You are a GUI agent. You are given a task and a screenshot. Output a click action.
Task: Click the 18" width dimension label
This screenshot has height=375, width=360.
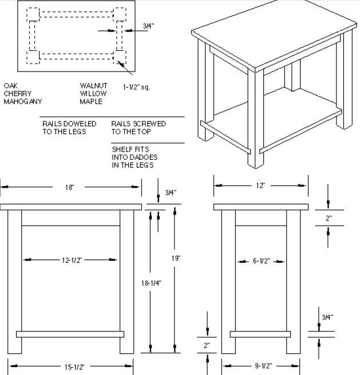70,187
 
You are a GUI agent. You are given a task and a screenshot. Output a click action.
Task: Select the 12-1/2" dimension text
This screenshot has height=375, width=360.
72,260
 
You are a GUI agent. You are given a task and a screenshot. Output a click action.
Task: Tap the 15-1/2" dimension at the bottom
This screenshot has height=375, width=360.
74,367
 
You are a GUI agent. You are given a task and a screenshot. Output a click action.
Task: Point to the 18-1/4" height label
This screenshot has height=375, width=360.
151,283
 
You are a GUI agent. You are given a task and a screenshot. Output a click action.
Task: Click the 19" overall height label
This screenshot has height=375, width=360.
176,258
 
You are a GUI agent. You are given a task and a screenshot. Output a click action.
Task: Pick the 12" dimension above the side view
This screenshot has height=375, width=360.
260,185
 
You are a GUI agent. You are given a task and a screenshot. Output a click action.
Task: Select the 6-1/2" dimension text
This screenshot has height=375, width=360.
262,261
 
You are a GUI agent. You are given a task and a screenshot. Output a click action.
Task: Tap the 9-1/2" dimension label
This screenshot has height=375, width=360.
263,366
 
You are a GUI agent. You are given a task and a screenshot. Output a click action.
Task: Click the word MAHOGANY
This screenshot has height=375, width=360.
23,102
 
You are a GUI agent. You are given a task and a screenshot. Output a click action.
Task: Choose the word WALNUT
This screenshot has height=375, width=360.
94,86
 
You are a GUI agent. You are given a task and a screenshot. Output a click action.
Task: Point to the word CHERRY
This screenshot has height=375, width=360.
18,93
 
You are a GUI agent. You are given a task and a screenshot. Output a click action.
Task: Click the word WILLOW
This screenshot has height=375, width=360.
93,93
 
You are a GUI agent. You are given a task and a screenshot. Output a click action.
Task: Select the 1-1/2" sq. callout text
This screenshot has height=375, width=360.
137,87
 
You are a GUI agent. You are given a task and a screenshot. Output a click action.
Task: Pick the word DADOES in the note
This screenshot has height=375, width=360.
144,157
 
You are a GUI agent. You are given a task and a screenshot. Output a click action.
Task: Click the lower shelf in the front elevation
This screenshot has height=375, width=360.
70,334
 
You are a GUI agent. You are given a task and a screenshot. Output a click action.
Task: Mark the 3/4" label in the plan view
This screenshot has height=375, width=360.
148,26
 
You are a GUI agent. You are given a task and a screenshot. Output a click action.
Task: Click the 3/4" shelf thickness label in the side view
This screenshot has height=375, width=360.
327,317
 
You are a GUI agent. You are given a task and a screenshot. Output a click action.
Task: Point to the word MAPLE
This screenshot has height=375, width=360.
91,102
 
